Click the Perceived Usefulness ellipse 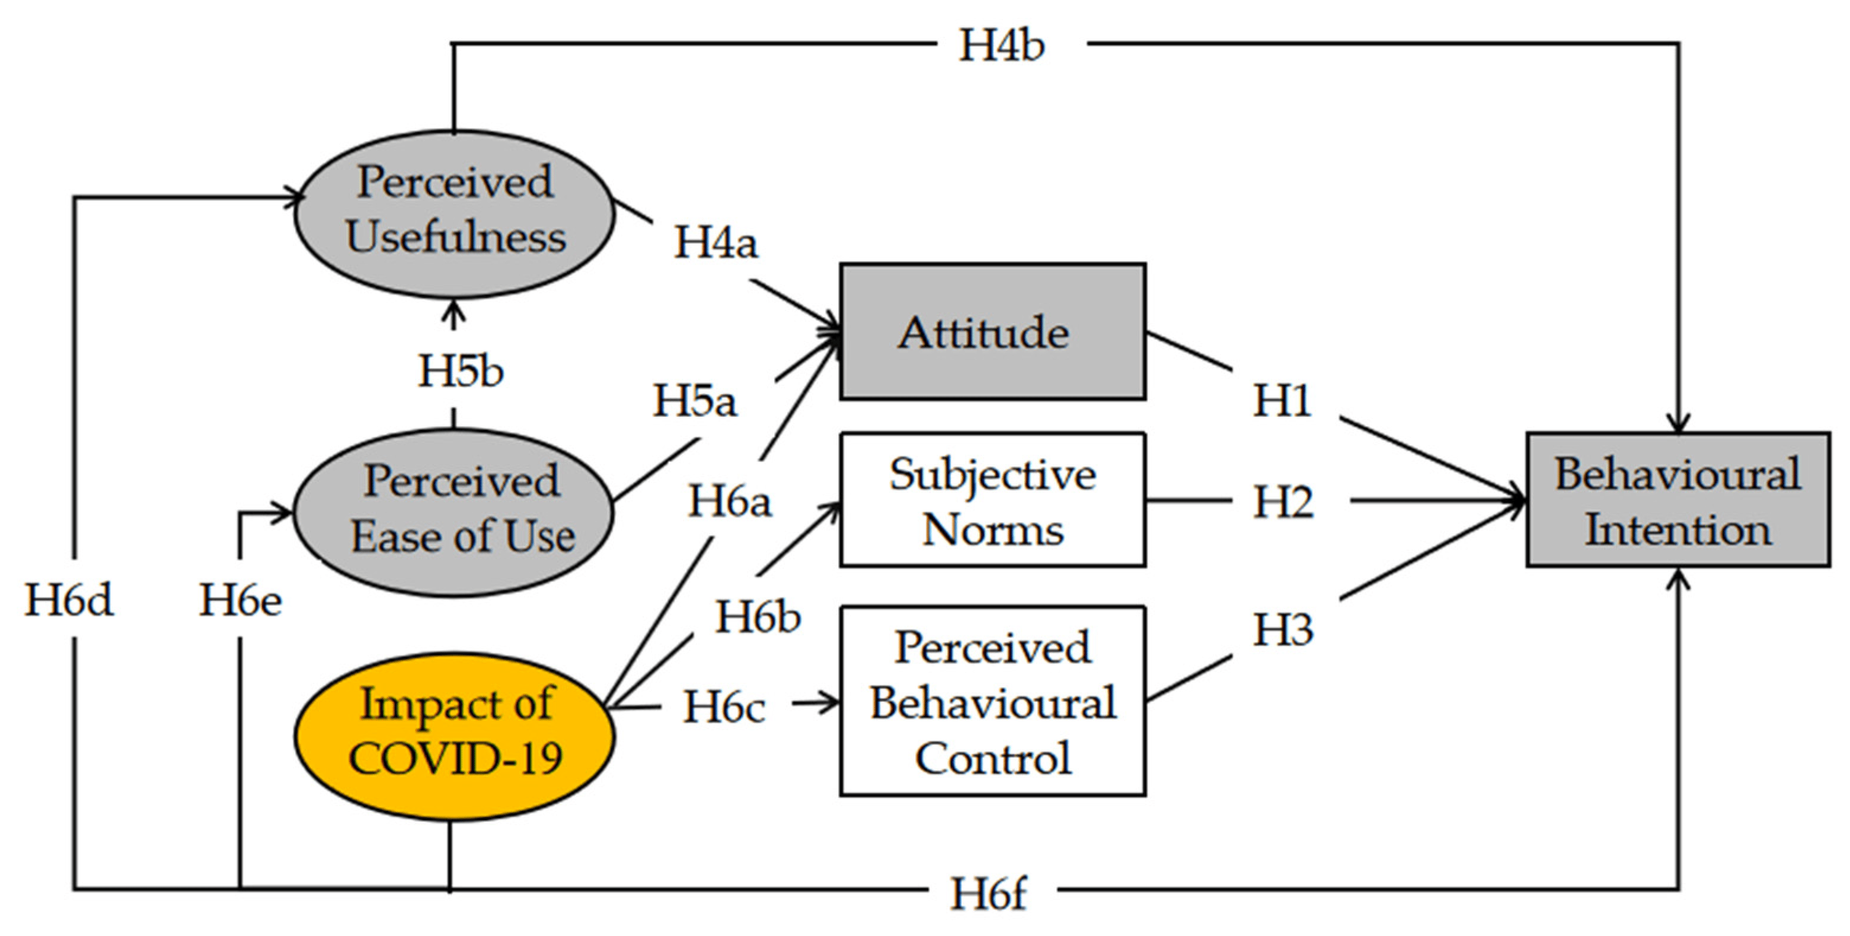(455, 213)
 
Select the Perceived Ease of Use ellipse (455, 512)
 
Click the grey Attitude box (992, 331)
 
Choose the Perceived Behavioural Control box (992, 701)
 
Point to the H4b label (1002, 45)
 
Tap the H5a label (695, 400)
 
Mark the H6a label (730, 501)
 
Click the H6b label (758, 617)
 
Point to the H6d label (69, 600)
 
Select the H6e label (240, 600)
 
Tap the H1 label (1282, 400)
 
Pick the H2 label (1283, 501)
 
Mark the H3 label (1283, 630)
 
